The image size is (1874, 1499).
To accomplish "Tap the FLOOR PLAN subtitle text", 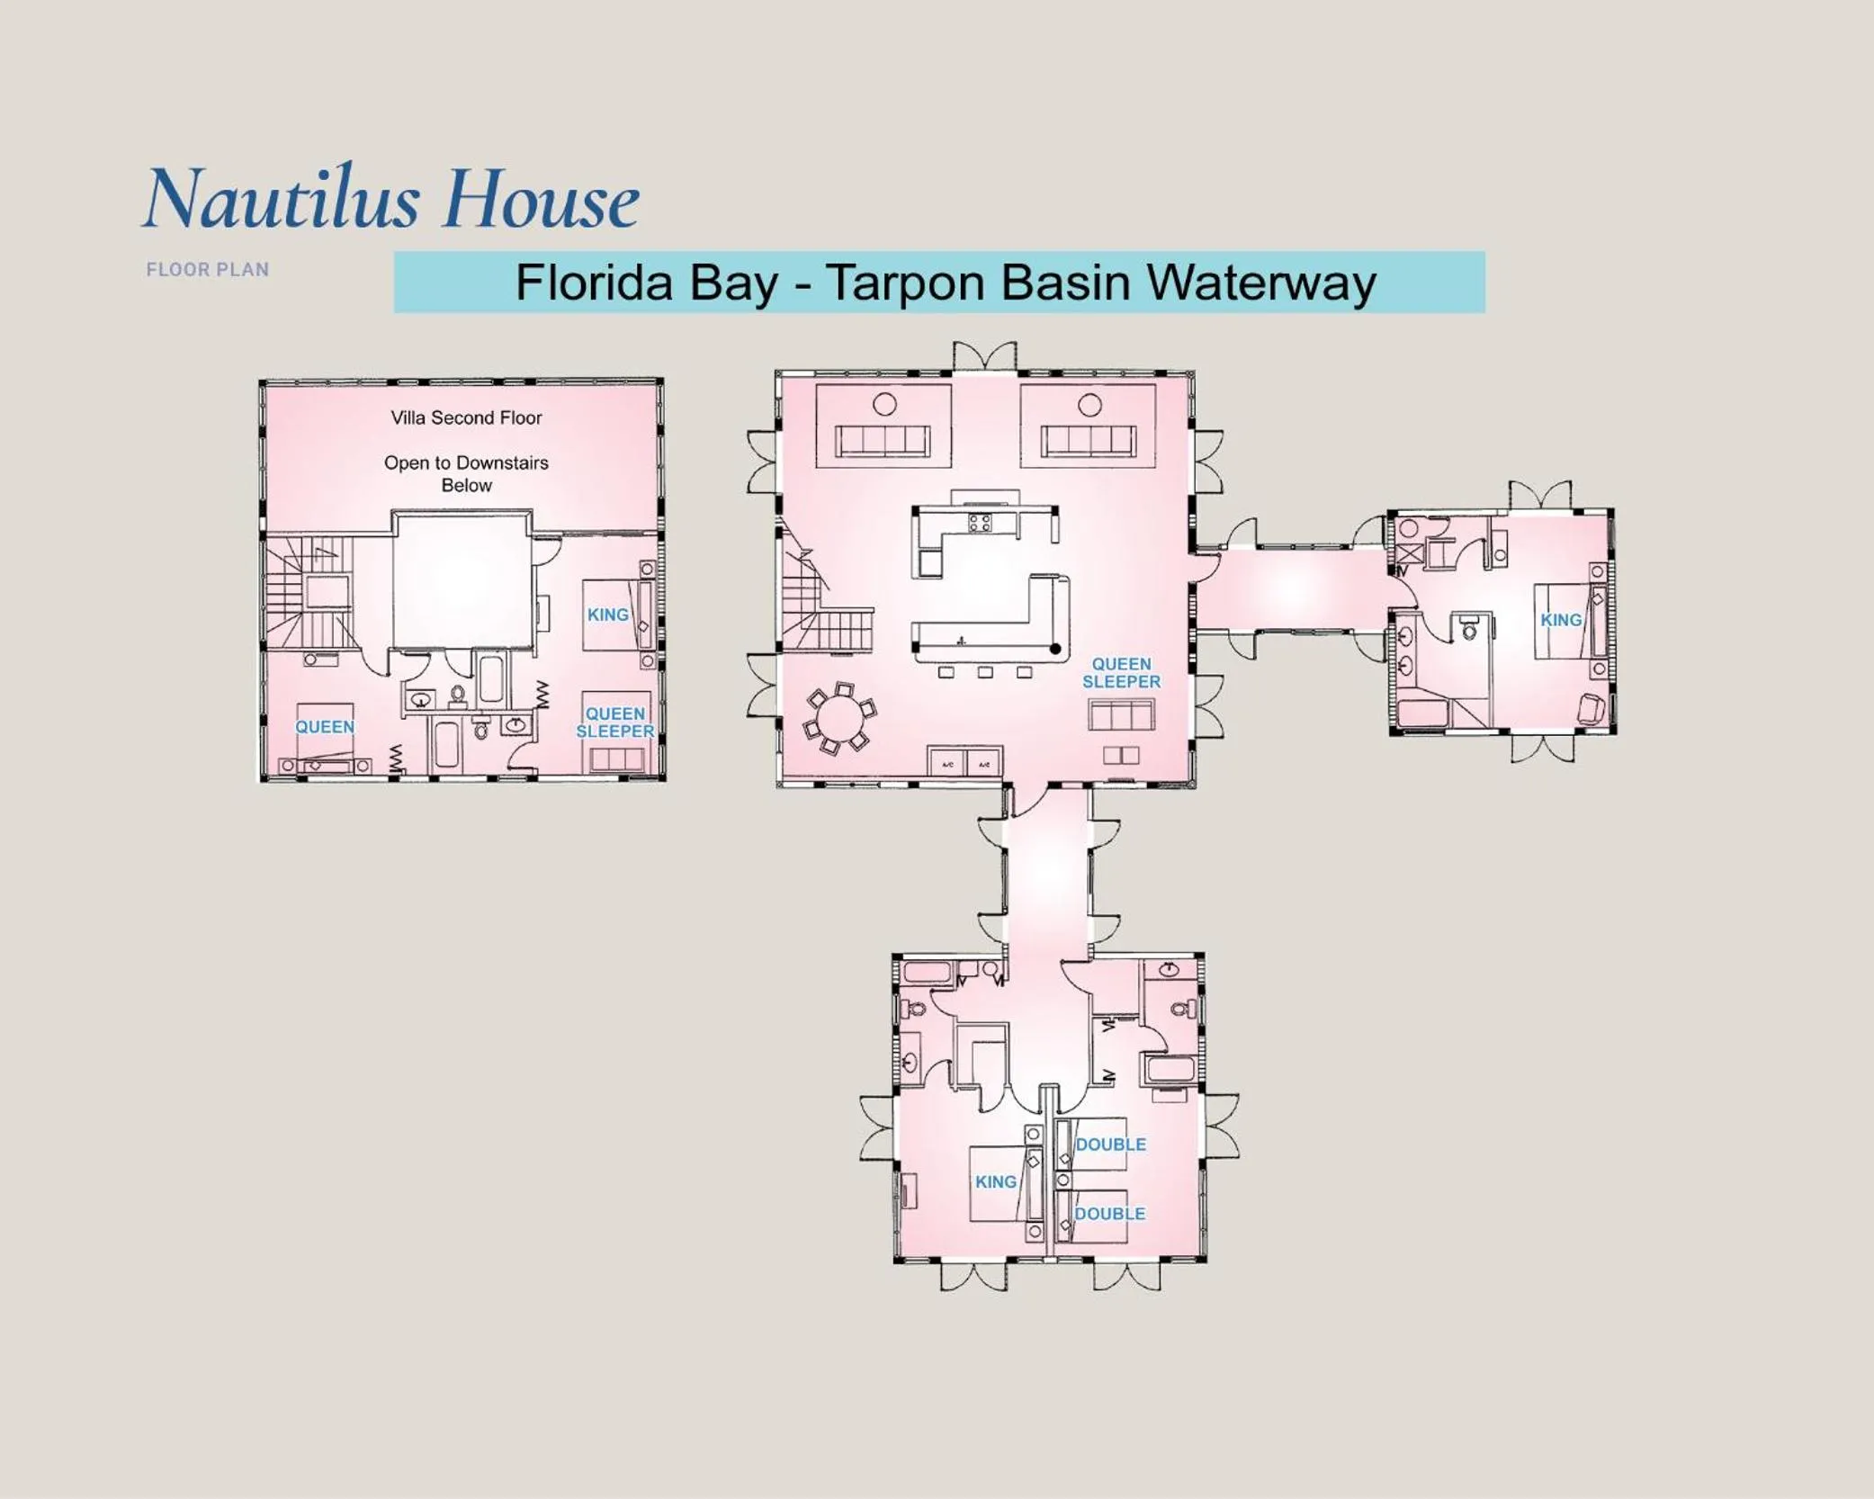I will (208, 270).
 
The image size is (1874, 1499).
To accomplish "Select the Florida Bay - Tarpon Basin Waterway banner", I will (939, 283).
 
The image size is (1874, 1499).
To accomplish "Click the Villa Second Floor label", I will (466, 417).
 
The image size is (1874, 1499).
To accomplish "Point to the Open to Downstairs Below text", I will (466, 473).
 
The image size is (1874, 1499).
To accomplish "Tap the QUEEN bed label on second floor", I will (325, 727).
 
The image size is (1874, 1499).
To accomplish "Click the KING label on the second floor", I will (607, 615).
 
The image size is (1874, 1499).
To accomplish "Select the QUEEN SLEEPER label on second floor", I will (615, 723).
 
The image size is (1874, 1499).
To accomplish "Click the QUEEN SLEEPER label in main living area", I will (1121, 673).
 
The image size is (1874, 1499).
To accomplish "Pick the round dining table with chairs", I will (840, 718).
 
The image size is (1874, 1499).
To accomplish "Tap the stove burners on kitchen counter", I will (980, 523).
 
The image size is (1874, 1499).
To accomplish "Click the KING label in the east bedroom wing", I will (1560, 620).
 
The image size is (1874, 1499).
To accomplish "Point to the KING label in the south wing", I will (995, 1181).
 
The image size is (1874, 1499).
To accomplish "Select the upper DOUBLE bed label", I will (1110, 1144).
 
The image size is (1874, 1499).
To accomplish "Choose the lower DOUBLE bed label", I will (1109, 1214).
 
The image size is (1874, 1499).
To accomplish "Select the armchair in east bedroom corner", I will (1590, 709).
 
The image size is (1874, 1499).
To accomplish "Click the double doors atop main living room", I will (984, 356).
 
